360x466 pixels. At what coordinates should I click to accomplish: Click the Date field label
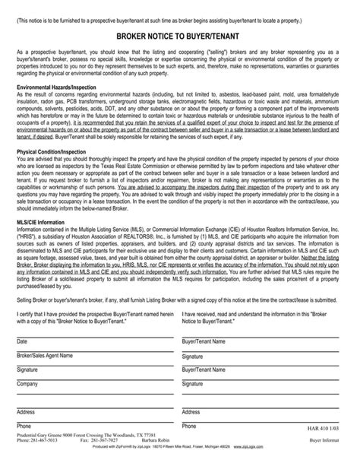[x=22, y=342]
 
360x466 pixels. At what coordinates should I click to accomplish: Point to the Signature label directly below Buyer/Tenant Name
[x=192, y=356]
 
